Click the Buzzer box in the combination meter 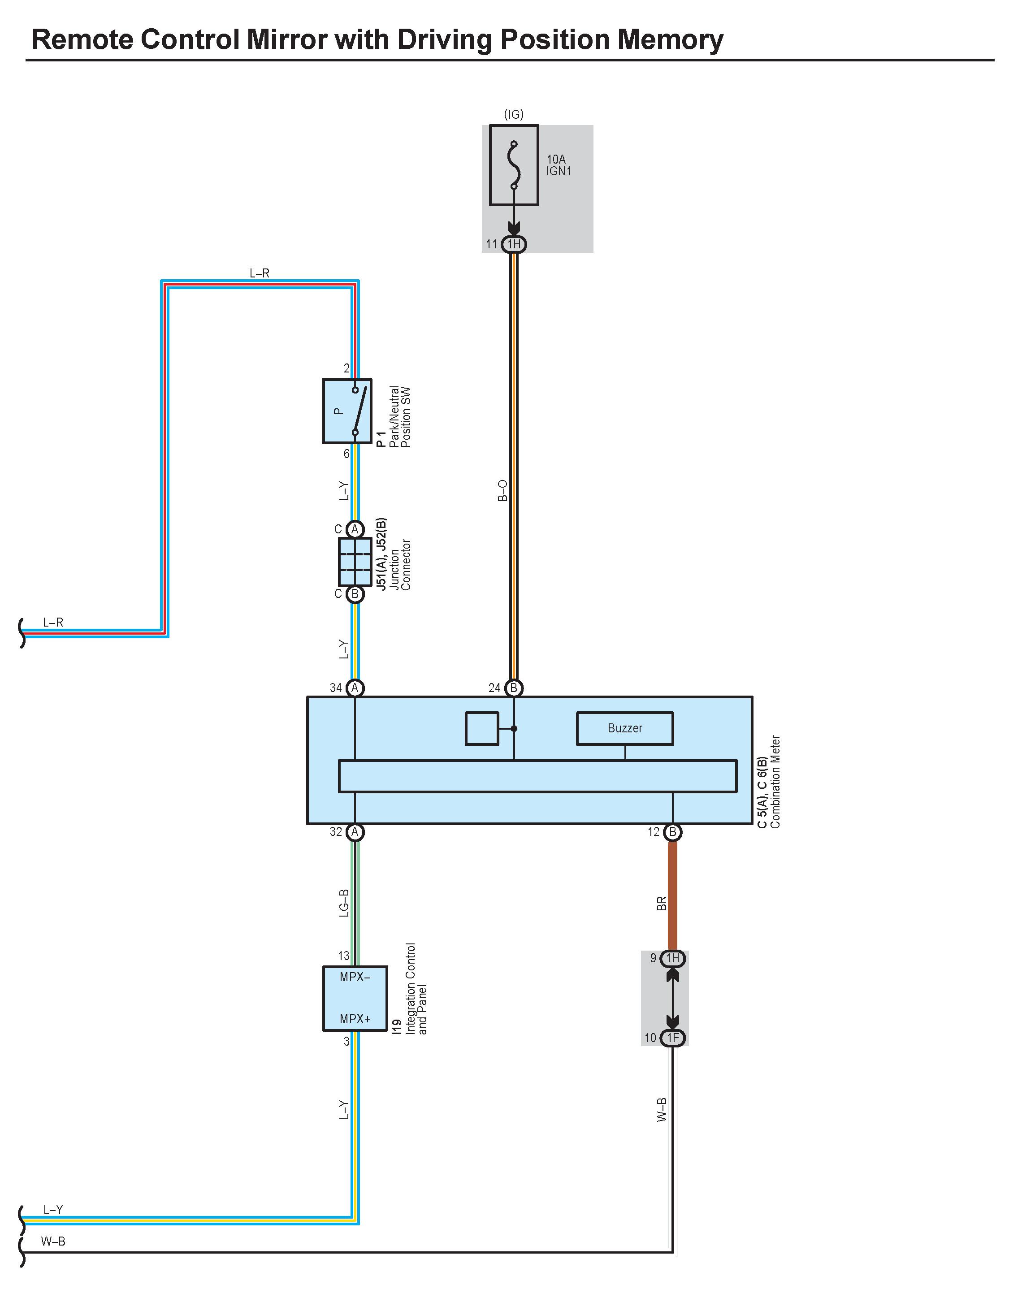[624, 729]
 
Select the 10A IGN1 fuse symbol [514, 165]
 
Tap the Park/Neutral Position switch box [347, 411]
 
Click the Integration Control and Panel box [355, 998]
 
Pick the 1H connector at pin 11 [514, 244]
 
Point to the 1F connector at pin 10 [673, 1038]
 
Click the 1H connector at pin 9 [673, 958]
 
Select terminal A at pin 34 [355, 688]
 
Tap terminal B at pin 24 [514, 688]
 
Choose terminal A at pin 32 [355, 832]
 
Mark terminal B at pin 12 [673, 832]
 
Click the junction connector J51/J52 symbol [355, 562]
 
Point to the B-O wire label [502, 491]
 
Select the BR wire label [661, 903]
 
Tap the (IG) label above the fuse [514, 114]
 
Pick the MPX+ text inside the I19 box [355, 1019]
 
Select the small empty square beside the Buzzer [482, 729]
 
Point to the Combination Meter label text [775, 782]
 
